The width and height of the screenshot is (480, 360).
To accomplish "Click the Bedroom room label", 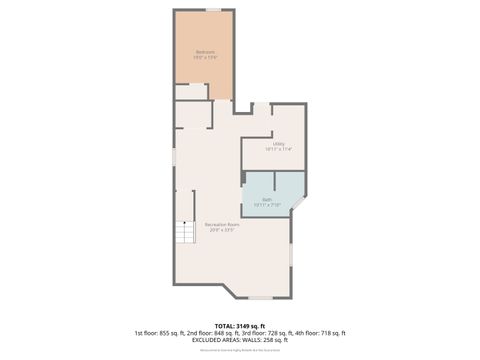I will [204, 52].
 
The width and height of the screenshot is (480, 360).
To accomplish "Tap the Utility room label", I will [279, 143].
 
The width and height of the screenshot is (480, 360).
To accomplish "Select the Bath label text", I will [267, 199].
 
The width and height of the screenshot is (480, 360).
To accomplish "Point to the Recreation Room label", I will [221, 225].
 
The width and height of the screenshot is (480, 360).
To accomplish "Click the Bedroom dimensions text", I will [204, 58].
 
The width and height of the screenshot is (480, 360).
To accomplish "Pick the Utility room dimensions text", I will [279, 149].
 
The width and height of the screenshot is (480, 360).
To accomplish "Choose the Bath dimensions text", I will [267, 205].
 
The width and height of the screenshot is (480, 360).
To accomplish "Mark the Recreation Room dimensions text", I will [221, 230].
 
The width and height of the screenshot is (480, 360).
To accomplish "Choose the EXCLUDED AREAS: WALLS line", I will [240, 339].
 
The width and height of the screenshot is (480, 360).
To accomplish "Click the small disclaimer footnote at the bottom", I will [240, 350].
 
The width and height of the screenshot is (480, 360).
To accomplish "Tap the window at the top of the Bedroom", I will [213, 9].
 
